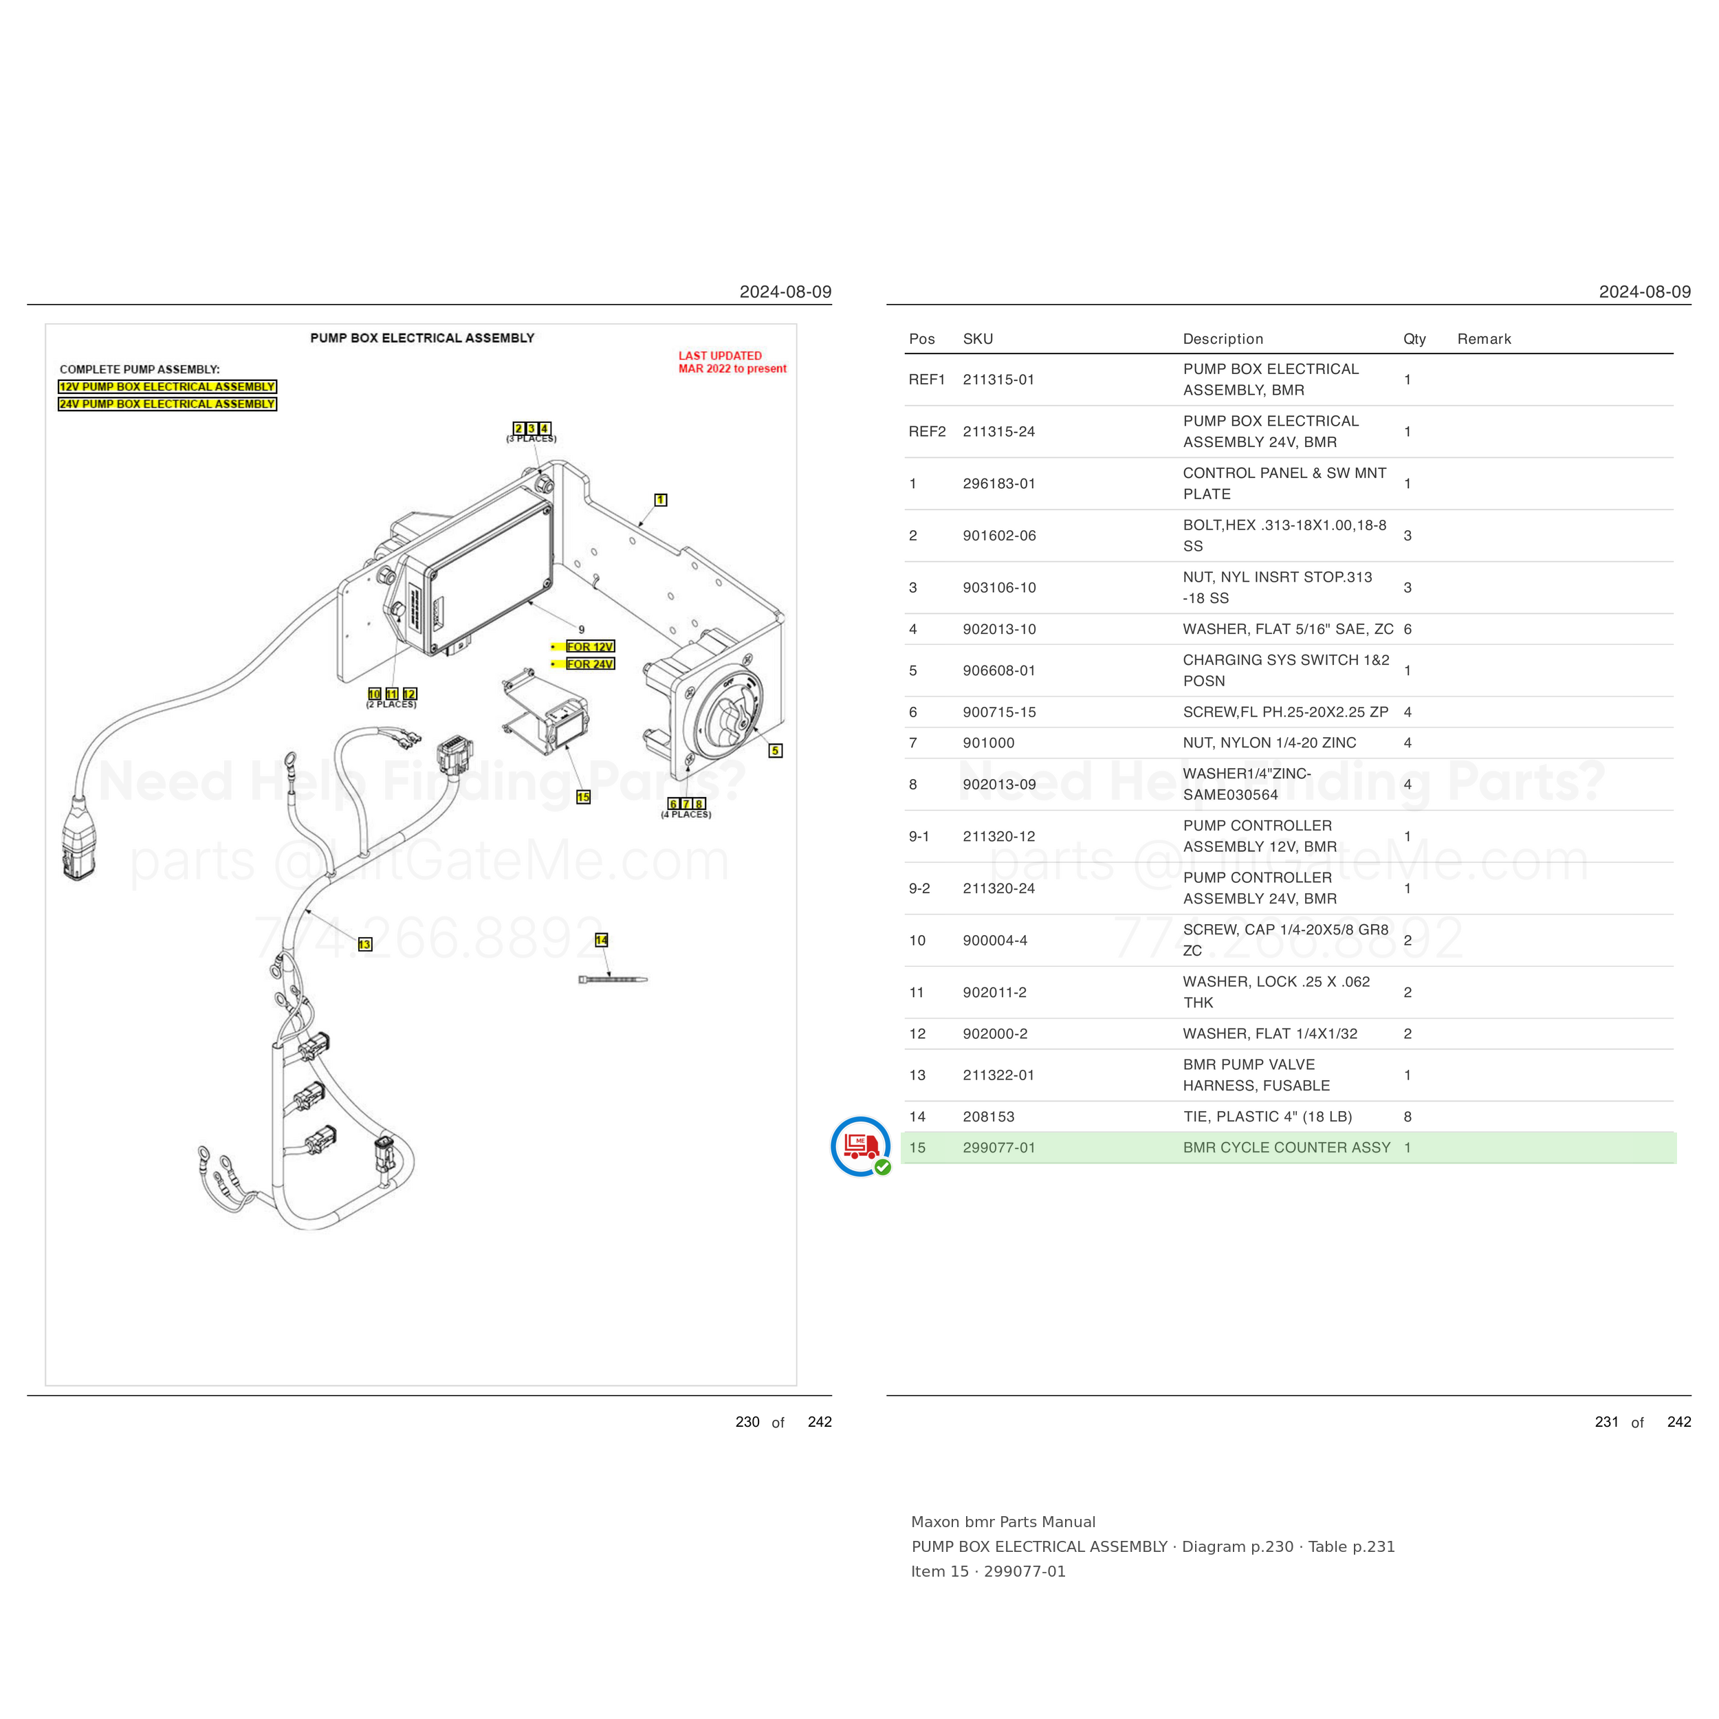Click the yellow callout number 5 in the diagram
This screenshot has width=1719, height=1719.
click(x=775, y=751)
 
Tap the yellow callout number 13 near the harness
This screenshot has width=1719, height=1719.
click(x=365, y=944)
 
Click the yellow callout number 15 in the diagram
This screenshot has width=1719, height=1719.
click(x=583, y=797)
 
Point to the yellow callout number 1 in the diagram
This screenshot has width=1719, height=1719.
click(x=660, y=500)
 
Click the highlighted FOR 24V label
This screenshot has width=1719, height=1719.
click(x=590, y=664)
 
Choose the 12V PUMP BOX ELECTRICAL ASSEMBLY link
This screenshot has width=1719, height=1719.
click(x=167, y=387)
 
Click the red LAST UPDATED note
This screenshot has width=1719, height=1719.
click(x=732, y=362)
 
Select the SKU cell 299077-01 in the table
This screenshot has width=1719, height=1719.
click(x=999, y=1148)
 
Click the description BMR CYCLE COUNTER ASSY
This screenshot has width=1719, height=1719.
click(x=1286, y=1148)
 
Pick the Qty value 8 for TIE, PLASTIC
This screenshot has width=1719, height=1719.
click(x=1408, y=1117)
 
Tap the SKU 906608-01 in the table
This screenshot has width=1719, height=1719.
click(x=999, y=671)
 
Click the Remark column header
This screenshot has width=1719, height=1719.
click(x=1484, y=339)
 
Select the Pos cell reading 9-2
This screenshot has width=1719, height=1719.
click(x=919, y=888)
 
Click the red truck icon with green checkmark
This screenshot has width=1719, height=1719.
click(x=860, y=1146)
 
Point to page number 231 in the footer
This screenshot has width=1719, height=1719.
click(x=1607, y=1422)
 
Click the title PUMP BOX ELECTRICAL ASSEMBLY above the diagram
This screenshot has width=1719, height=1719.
click(x=423, y=338)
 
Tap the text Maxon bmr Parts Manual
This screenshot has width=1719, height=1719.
click(x=1003, y=1522)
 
